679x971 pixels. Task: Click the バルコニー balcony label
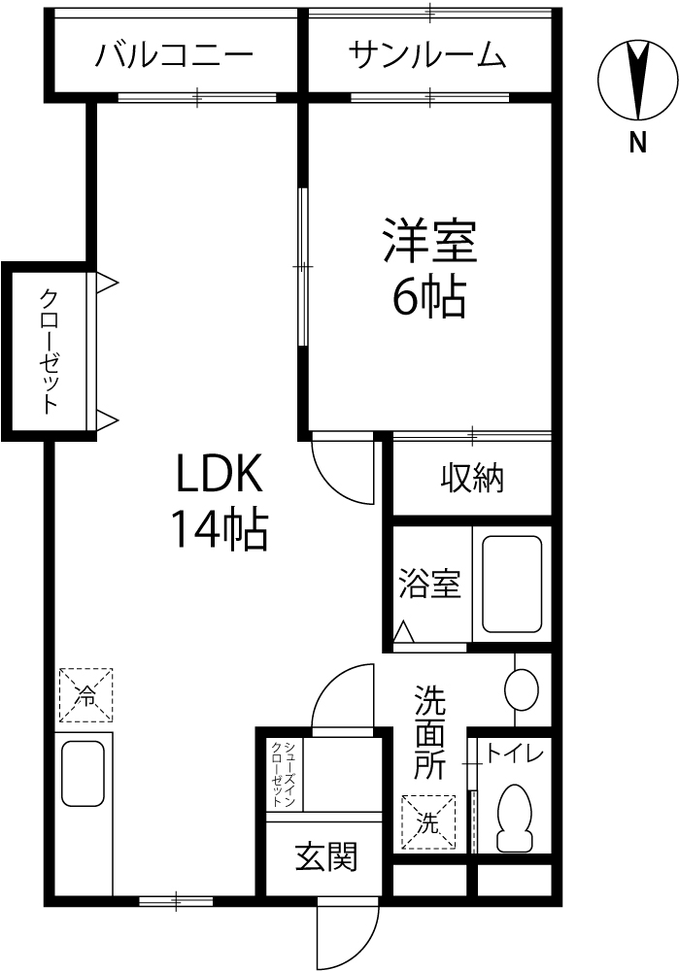click(x=174, y=55)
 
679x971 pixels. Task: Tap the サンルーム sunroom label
click(x=427, y=55)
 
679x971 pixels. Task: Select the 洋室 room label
click(x=429, y=240)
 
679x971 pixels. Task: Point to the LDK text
click(x=221, y=473)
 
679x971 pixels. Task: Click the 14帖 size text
click(x=221, y=529)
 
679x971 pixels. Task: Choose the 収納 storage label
click(x=473, y=478)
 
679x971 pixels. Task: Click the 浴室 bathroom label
click(x=430, y=584)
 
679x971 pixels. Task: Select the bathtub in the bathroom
click(x=512, y=584)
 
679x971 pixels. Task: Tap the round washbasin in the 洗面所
click(x=522, y=688)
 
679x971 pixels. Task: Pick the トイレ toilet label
click(x=514, y=753)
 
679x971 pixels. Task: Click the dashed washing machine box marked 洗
click(x=428, y=821)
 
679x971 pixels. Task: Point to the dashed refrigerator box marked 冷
click(x=86, y=695)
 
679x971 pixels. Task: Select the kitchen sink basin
click(x=83, y=773)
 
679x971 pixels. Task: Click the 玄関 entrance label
click(x=326, y=857)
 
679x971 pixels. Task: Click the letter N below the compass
click(x=637, y=144)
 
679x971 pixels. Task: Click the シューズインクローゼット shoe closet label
click(x=283, y=774)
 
